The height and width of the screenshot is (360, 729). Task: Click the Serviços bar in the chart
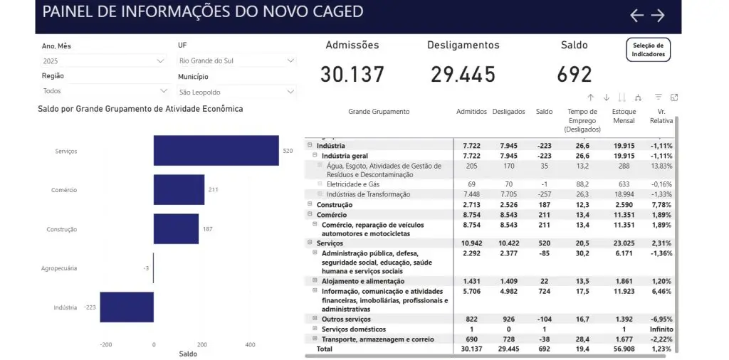pyautogui.click(x=216, y=151)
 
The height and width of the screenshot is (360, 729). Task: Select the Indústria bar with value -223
pyautogui.click(x=127, y=307)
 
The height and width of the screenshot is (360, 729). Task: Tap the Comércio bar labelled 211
pyautogui.click(x=179, y=190)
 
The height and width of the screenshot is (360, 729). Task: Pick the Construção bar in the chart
pyautogui.click(x=176, y=229)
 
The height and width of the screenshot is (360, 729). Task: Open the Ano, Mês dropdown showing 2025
pyautogui.click(x=103, y=61)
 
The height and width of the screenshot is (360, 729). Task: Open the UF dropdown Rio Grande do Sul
pyautogui.click(x=236, y=61)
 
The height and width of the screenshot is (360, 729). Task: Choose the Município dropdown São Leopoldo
pyautogui.click(x=236, y=92)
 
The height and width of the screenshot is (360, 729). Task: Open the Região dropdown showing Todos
pyautogui.click(x=103, y=91)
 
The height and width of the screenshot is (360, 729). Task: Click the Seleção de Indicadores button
pyautogui.click(x=648, y=49)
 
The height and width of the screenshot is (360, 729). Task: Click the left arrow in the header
pyautogui.click(x=636, y=16)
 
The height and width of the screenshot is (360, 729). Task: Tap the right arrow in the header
pyautogui.click(x=658, y=16)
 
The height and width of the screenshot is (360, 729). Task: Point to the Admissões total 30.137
pyautogui.click(x=352, y=74)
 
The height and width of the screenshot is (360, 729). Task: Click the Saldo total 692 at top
pyautogui.click(x=575, y=74)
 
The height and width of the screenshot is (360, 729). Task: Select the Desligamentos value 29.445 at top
pyautogui.click(x=463, y=74)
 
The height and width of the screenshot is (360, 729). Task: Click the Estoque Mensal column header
pyautogui.click(x=624, y=116)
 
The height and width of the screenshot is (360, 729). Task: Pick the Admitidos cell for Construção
pyautogui.click(x=470, y=205)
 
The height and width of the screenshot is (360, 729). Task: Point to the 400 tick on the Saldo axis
pyautogui.click(x=250, y=344)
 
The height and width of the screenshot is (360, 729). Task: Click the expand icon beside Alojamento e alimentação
pyautogui.click(x=315, y=281)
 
